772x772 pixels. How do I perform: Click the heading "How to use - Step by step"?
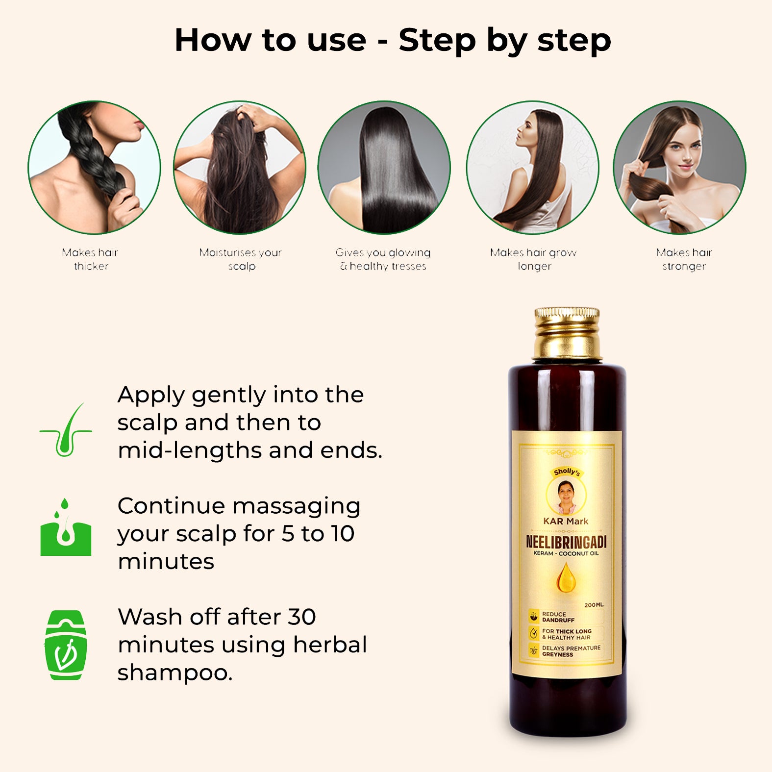coord(393,40)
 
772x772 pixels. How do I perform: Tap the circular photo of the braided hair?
coord(94,167)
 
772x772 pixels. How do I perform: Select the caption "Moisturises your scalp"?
coord(241,259)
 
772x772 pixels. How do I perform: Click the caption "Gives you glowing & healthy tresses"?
coord(383,259)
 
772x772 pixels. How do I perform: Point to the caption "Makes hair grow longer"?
coord(533,259)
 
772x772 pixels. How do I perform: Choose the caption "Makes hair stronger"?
coord(684,259)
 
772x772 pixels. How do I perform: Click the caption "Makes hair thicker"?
coord(90,259)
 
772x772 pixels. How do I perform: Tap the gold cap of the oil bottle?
coord(567,333)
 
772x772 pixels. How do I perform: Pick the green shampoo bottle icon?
coord(66,645)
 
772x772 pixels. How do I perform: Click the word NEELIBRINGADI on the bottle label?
coord(566,542)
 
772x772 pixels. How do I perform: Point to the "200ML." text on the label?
coord(594,605)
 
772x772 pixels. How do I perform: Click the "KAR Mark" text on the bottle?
coord(566,521)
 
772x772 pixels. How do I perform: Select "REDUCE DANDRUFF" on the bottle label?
coord(558,617)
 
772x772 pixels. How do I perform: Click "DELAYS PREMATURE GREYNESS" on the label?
coord(571,651)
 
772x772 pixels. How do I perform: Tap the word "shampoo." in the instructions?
coord(175,673)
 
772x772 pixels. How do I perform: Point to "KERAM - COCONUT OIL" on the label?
coord(566,553)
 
